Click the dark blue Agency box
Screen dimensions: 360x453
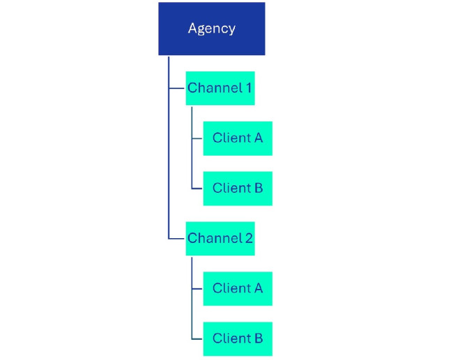click(x=211, y=29)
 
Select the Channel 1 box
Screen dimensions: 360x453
click(x=220, y=88)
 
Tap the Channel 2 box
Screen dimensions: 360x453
click(x=220, y=238)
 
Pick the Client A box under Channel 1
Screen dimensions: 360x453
click(x=238, y=138)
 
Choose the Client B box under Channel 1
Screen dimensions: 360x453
click(x=238, y=188)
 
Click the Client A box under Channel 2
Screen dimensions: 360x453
click(x=238, y=288)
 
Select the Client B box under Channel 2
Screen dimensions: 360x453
click(x=238, y=338)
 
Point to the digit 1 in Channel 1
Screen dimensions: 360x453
click(x=248, y=88)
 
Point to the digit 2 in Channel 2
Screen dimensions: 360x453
click(x=249, y=238)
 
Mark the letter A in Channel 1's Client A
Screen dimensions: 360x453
click(x=258, y=138)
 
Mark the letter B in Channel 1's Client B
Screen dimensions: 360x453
click(x=258, y=188)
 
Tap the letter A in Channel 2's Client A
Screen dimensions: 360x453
click(x=258, y=288)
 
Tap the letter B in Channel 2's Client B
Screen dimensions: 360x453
click(x=258, y=338)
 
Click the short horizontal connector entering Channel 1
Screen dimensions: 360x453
click(x=177, y=88)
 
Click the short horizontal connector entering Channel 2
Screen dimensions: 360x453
click(x=177, y=238)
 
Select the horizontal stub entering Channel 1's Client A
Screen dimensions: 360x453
click(x=197, y=138)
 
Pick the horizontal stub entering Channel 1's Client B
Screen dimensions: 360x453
click(x=197, y=188)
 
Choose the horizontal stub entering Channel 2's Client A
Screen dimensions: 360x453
click(x=197, y=288)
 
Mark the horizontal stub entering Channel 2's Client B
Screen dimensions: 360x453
click(x=197, y=338)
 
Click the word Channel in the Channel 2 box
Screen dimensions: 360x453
click(x=214, y=238)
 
